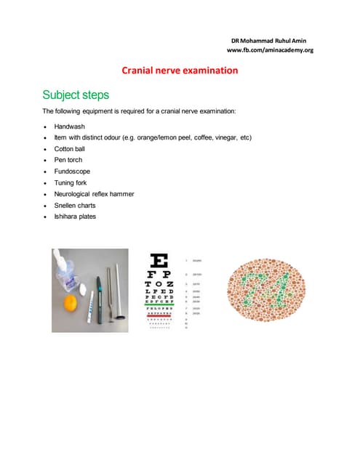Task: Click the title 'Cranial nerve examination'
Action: [180, 70]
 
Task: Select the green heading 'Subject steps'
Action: [76, 94]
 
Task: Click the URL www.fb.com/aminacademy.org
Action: [270, 50]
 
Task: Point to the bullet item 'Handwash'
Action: [70, 126]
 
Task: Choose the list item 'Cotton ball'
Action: [73, 148]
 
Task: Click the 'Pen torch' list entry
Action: [71, 160]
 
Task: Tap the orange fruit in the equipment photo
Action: [71, 301]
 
